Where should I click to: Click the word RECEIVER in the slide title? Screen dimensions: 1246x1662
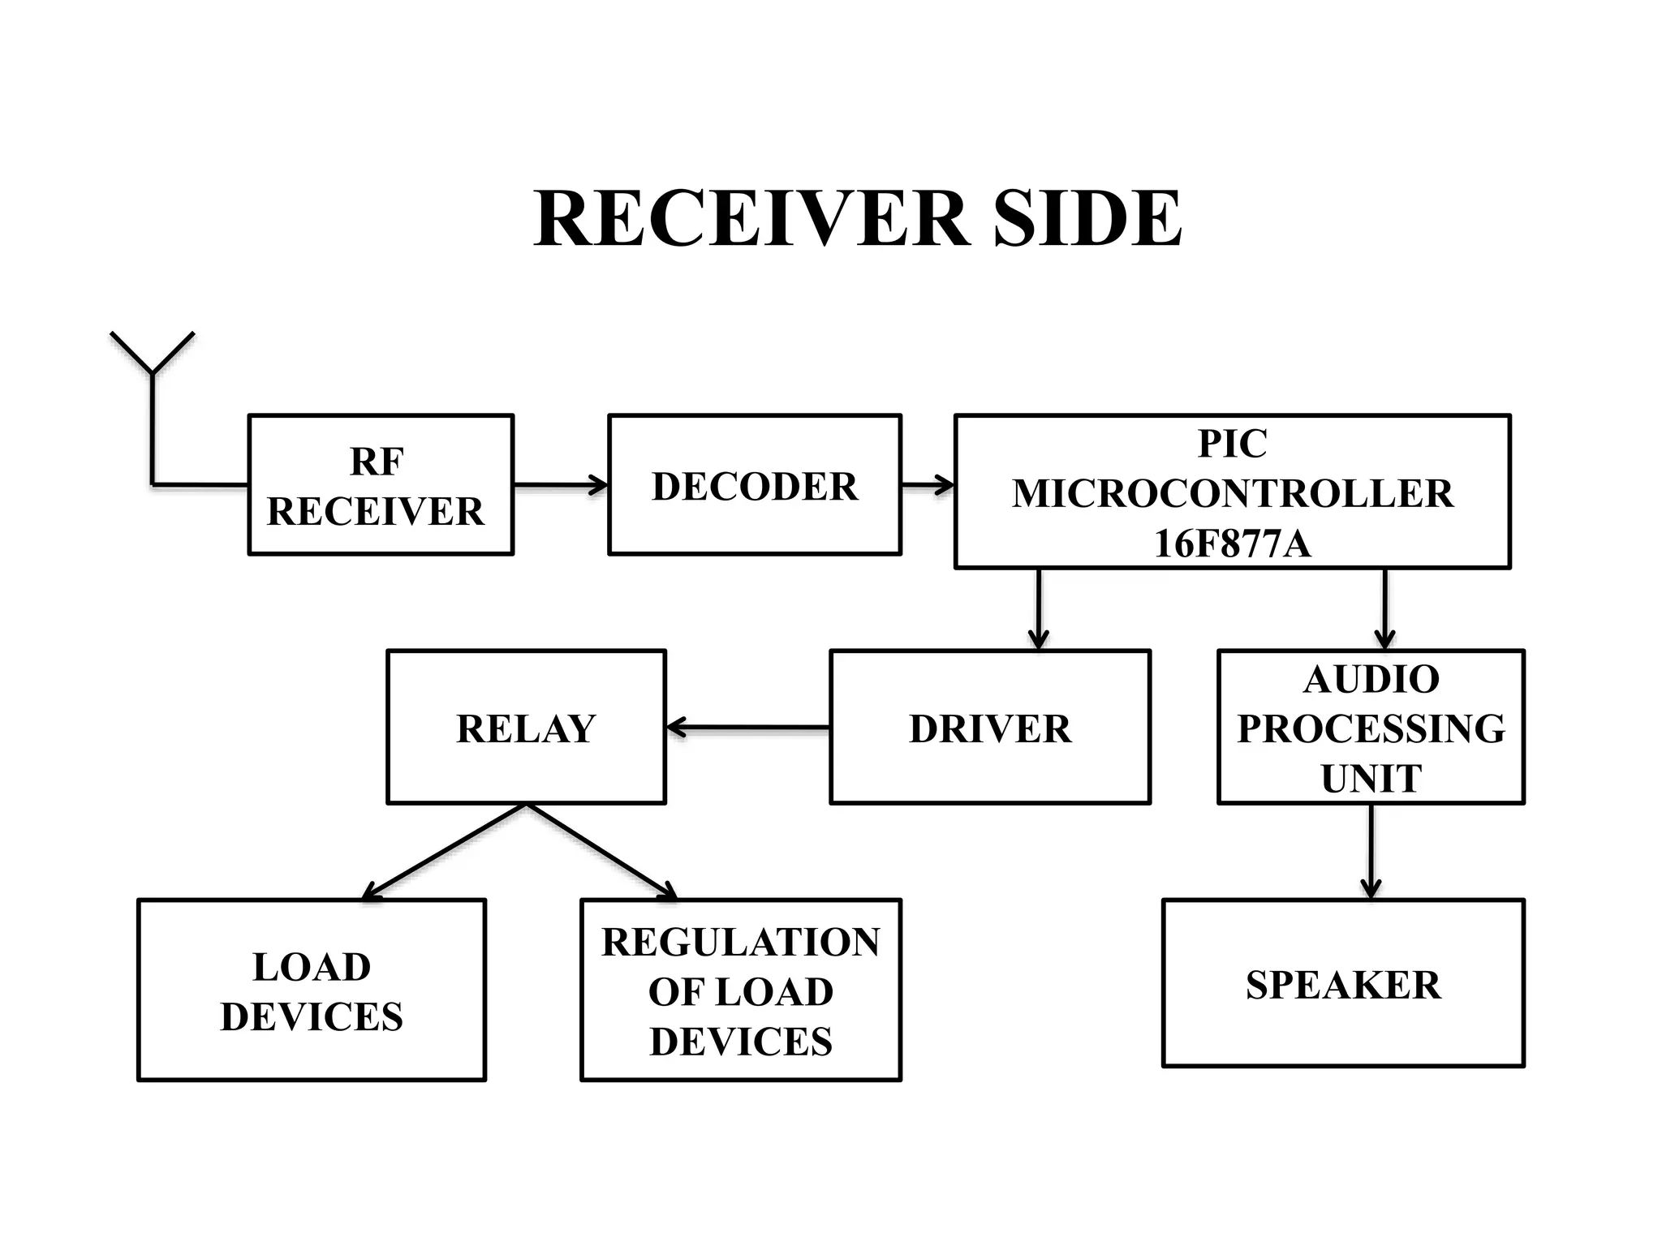[x=751, y=219]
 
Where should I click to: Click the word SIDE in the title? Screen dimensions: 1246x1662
[x=1087, y=219]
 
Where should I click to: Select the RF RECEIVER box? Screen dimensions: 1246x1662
[x=381, y=485]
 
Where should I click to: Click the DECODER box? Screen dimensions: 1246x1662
[x=754, y=485]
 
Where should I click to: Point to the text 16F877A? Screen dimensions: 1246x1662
[x=1231, y=544]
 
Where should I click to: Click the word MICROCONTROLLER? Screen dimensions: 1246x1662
[x=1232, y=493]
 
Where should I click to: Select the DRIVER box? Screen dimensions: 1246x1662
[x=989, y=727]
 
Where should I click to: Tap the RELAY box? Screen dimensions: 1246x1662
[x=526, y=727]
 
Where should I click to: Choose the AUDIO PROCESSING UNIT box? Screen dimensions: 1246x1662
[x=1371, y=727]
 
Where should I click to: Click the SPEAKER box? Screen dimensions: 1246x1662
[x=1343, y=983]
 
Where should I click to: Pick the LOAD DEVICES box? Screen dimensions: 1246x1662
[x=312, y=990]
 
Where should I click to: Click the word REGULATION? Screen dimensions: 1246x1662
[x=740, y=942]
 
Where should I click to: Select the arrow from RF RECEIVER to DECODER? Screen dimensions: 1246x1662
[x=560, y=485]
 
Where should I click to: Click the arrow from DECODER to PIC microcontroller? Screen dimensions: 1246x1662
[x=928, y=485]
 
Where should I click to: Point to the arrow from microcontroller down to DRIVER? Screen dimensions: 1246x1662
[x=1039, y=608]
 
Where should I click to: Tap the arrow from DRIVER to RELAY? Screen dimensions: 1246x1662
[x=747, y=728]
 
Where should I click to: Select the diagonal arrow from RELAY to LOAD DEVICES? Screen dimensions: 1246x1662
[x=445, y=851]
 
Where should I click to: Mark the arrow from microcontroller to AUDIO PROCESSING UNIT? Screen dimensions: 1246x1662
[x=1384, y=608]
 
